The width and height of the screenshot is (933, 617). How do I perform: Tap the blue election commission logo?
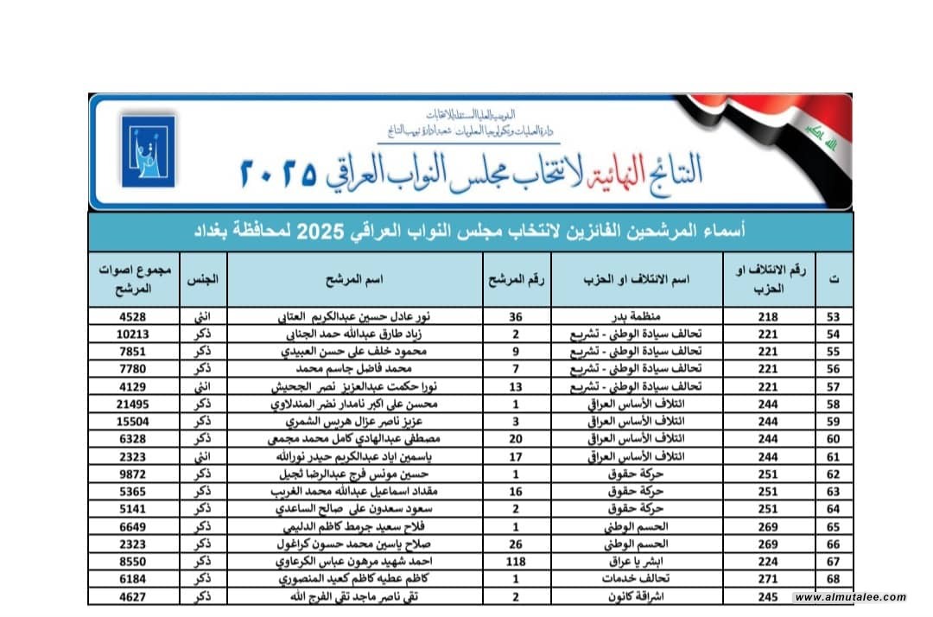tap(148, 150)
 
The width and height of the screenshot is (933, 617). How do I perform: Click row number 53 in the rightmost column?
tap(833, 317)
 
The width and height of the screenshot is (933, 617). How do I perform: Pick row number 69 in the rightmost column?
tap(833, 596)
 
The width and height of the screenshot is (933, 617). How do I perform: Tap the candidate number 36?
tap(516, 317)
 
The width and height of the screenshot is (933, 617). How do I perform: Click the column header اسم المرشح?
tap(354, 279)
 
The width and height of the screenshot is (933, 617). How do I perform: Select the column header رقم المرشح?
tap(516, 279)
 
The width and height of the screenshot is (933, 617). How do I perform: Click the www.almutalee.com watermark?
tap(850, 597)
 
